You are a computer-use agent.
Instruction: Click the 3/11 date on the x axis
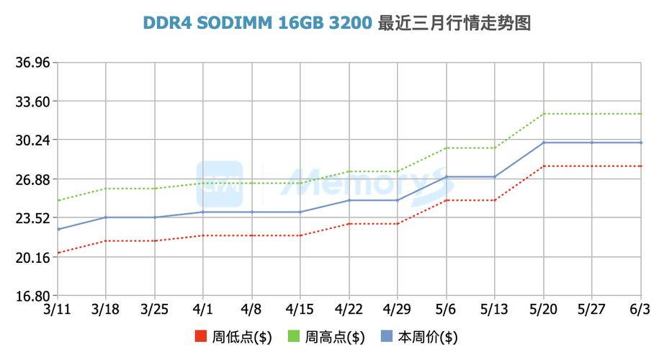(x=57, y=310)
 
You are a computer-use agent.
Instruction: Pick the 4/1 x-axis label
(x=203, y=310)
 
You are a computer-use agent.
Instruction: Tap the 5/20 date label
(x=544, y=310)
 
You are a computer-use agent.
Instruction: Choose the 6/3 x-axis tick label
(x=640, y=310)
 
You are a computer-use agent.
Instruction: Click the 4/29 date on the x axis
(x=398, y=310)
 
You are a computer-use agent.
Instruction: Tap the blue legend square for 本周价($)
(x=386, y=337)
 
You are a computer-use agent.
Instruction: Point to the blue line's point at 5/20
(x=544, y=143)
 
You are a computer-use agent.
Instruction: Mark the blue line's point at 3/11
(x=58, y=229)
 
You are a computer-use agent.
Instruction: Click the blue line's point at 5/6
(x=447, y=177)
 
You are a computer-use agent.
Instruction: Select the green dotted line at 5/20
(x=544, y=114)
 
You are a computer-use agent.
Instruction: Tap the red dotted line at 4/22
(x=349, y=224)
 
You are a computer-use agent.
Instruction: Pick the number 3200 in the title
(x=351, y=24)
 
